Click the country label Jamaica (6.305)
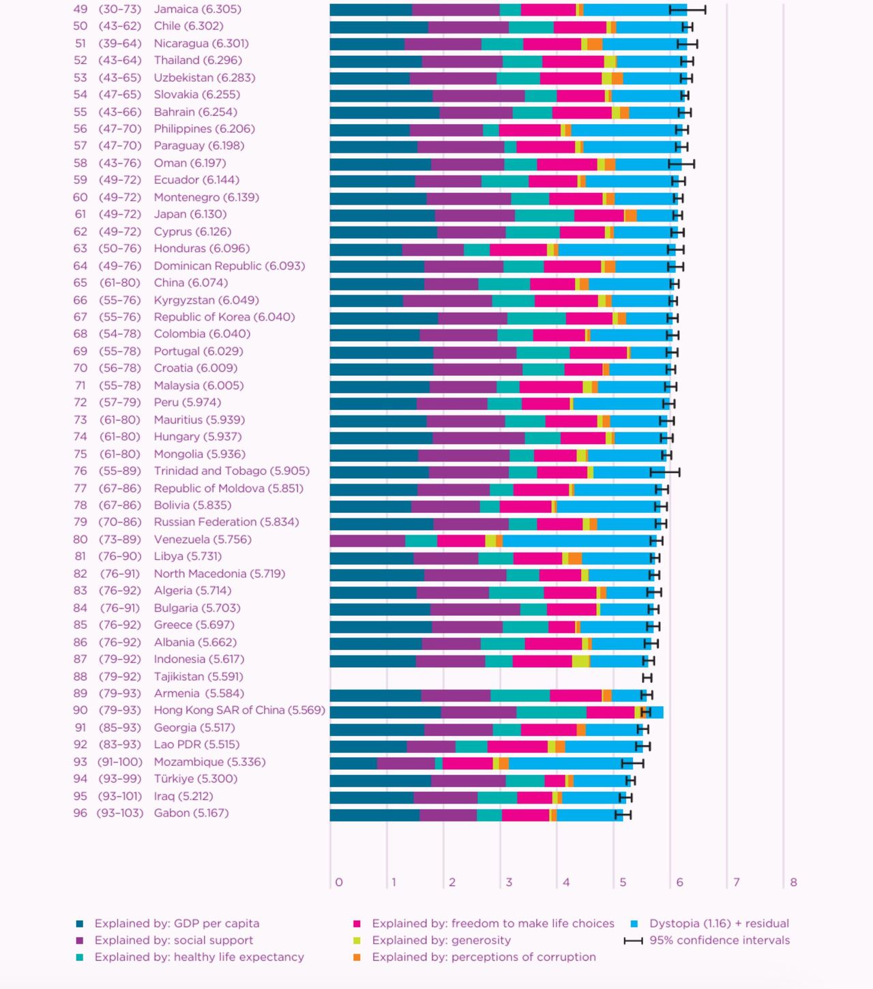197,9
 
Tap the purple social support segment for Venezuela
367,541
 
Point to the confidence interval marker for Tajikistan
647,678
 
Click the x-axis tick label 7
736,882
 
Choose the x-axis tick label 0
339,882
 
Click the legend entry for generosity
441,940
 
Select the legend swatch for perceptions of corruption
357,958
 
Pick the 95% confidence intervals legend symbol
634,941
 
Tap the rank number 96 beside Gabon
80,813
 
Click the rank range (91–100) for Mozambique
120,762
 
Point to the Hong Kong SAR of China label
239,710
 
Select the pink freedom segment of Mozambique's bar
467,763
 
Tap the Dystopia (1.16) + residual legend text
719,924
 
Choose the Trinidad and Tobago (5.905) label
231,471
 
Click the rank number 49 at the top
80,9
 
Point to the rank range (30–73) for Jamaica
120,9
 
